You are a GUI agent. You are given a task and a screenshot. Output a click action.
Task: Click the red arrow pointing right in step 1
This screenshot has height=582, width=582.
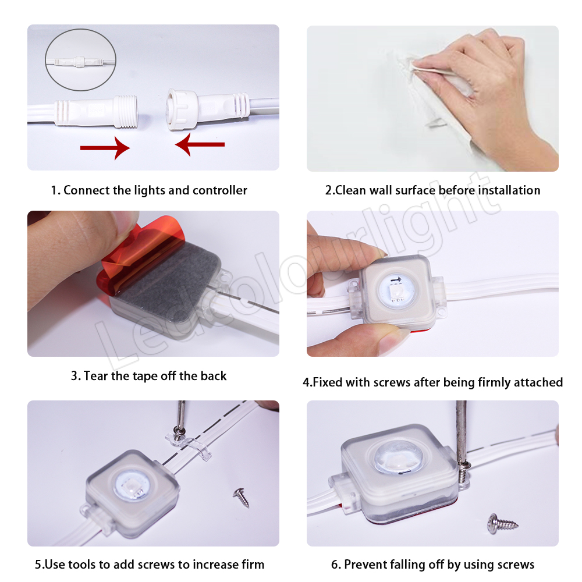point(105,148)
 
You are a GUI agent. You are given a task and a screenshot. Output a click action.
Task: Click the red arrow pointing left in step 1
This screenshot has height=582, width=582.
point(200,144)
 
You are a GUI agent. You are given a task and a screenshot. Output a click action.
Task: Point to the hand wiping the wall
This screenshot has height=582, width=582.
point(482,89)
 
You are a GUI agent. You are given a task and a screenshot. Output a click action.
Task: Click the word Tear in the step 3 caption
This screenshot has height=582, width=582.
point(96,375)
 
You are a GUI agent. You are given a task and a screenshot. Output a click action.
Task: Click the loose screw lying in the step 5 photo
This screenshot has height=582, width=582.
point(242,498)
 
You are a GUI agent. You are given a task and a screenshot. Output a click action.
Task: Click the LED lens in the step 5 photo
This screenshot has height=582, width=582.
point(132,487)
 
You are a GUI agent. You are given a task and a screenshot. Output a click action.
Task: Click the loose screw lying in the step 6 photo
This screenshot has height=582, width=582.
point(502,523)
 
